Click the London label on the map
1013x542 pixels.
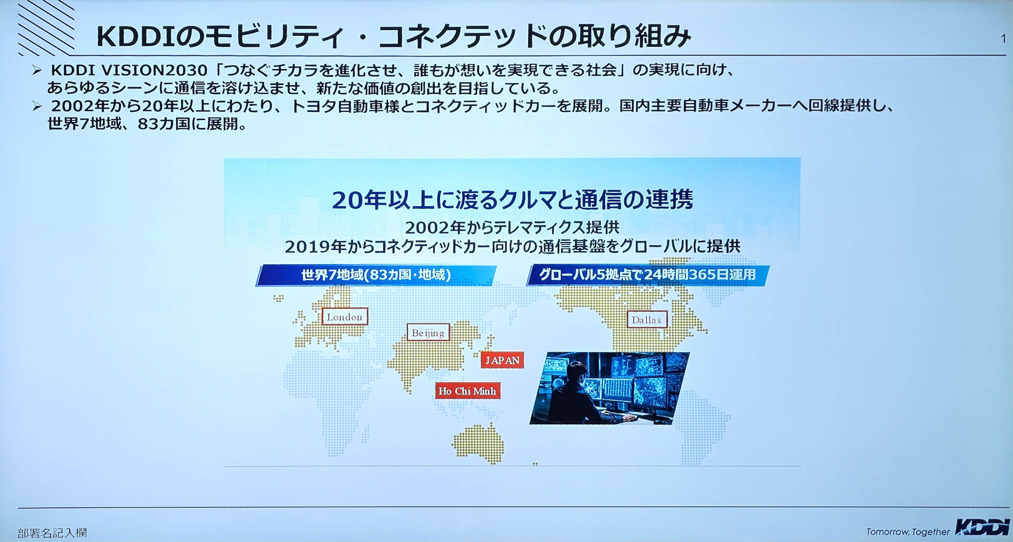(x=345, y=316)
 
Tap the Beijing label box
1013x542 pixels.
(x=428, y=333)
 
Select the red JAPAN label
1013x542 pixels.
(x=502, y=360)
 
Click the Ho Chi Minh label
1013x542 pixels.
(x=467, y=391)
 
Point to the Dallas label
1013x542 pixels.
(x=646, y=320)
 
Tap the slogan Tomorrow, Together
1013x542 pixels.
(x=907, y=531)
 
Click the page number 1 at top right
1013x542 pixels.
(x=1003, y=38)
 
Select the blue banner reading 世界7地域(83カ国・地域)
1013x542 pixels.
(x=376, y=275)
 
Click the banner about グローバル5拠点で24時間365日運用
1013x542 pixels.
(x=647, y=275)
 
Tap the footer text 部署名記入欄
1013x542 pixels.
(x=52, y=533)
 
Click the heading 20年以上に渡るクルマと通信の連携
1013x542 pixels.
(x=512, y=199)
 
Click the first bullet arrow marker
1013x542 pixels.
(x=36, y=70)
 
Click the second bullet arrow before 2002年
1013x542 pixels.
(x=36, y=106)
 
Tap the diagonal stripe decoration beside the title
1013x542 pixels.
(x=46, y=27)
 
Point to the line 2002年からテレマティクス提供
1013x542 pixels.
(x=512, y=227)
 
